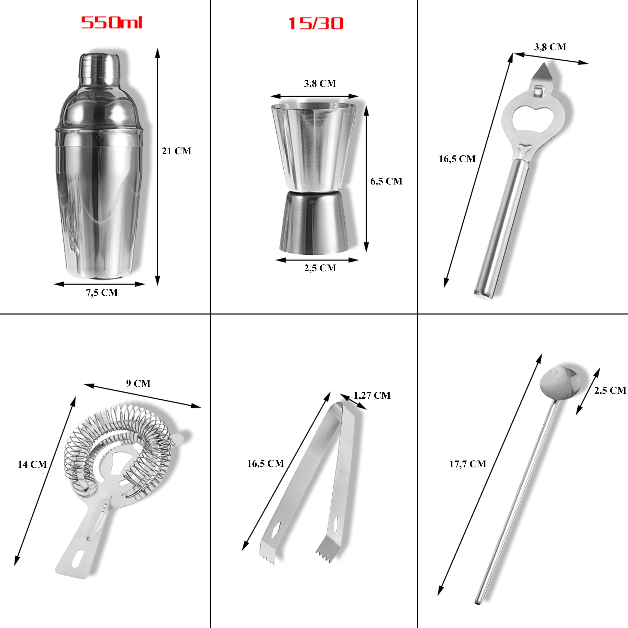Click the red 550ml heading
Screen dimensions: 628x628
(x=111, y=23)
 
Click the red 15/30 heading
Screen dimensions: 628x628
(x=315, y=23)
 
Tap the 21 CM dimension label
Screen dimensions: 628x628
(x=177, y=151)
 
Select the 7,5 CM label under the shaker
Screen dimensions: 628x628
(x=102, y=293)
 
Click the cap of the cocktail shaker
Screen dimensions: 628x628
(x=99, y=65)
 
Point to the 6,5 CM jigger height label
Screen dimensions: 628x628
(x=386, y=181)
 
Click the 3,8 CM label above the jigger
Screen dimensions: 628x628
(x=320, y=84)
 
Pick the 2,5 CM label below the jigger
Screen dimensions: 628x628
(x=320, y=268)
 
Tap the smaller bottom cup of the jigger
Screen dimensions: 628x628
(x=314, y=223)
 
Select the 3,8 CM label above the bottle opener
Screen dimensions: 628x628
(x=550, y=47)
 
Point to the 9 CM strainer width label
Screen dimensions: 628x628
(x=138, y=384)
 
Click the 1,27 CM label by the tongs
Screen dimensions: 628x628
(x=372, y=395)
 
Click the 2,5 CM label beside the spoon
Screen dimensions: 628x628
(x=610, y=390)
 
